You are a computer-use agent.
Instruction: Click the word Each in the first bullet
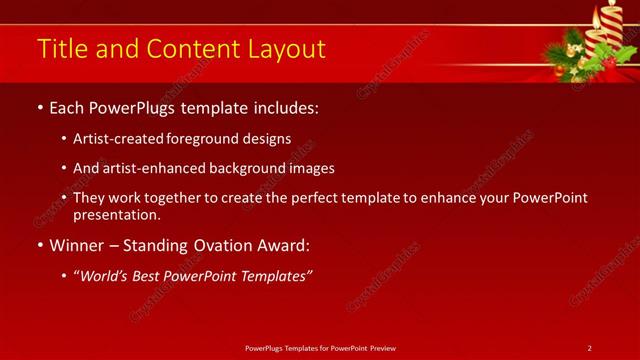coord(68,106)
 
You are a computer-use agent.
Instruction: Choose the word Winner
coord(76,245)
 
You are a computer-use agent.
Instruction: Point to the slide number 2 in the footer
coord(589,347)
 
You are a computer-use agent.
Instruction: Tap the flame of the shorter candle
coord(600,13)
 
